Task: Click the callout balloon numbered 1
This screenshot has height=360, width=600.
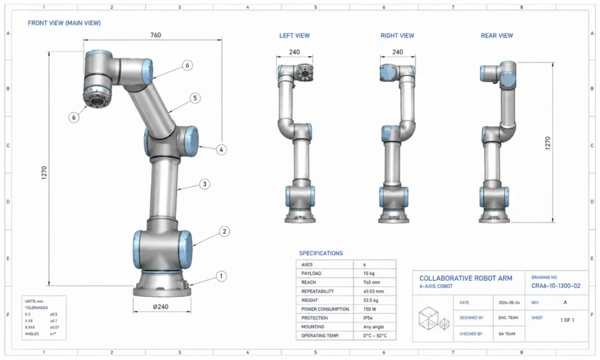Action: (x=221, y=276)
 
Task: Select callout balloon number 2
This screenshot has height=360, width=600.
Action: (x=224, y=232)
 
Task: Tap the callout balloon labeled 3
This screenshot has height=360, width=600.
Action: (x=204, y=184)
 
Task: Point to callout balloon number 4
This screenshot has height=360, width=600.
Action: (x=221, y=150)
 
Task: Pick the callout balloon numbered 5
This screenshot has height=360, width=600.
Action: (x=195, y=98)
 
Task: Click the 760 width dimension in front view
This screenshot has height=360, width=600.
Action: (x=156, y=35)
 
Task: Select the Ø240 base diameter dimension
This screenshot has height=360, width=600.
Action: (x=161, y=307)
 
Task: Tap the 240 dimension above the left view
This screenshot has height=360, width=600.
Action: (x=294, y=52)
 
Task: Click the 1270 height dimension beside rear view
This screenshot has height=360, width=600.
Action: (x=548, y=143)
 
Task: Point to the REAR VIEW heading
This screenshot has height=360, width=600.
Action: (x=497, y=36)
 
